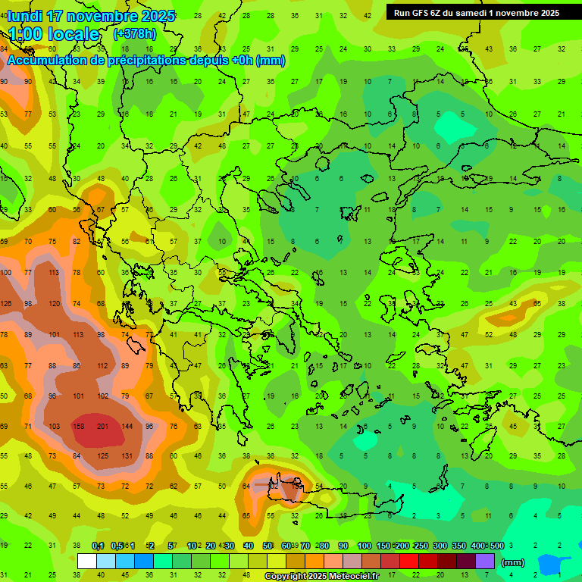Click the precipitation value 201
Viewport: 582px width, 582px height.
103,426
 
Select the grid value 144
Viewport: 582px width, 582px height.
127,426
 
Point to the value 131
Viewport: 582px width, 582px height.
127,456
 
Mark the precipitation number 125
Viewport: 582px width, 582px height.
103,456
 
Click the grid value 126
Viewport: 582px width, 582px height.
6,304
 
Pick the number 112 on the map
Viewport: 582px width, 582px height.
103,365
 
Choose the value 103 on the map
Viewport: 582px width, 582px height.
55,426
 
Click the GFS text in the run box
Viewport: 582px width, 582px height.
422,13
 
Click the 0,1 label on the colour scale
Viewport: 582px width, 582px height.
98,546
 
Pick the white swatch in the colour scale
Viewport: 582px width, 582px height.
87,562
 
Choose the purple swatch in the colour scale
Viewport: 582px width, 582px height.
485,562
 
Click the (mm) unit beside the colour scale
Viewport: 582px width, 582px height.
513,562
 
